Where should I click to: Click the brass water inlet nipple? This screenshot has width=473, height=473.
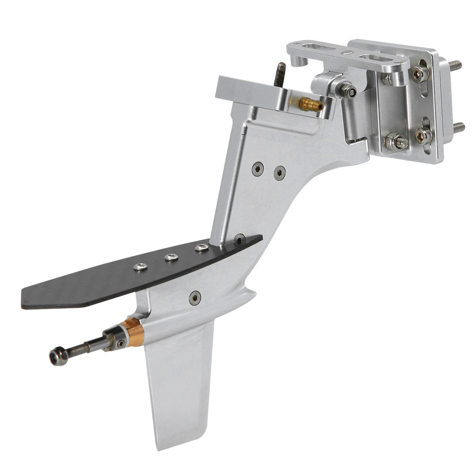(310, 104)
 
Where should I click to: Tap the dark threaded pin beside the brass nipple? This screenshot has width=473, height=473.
(280, 74)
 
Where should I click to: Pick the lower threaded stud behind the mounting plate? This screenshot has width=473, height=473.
(458, 127)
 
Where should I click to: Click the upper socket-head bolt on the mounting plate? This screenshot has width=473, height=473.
(418, 73)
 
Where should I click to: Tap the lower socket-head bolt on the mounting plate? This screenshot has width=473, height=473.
(421, 136)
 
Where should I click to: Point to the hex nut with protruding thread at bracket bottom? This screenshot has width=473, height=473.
(395, 141)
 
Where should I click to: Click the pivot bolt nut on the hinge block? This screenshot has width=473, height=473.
(348, 91)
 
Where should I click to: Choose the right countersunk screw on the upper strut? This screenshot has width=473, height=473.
(280, 173)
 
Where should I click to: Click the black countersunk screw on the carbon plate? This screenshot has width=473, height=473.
(240, 239)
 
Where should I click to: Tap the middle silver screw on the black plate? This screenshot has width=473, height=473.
(171, 257)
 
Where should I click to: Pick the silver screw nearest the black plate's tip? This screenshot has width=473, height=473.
(140, 267)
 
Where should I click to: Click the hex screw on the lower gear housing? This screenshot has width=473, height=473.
(194, 298)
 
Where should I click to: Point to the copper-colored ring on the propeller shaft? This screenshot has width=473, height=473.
(135, 332)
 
